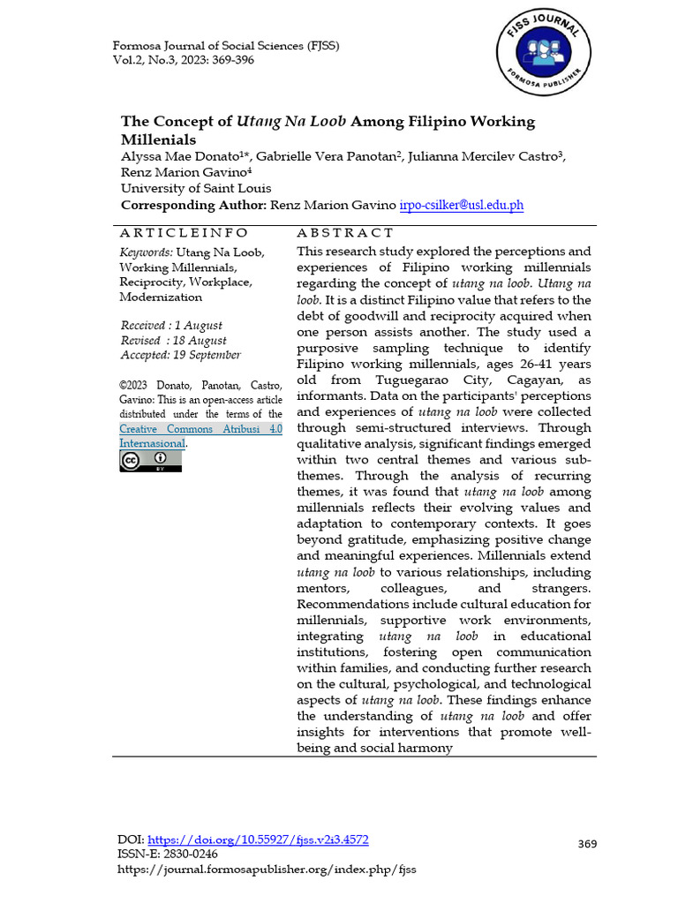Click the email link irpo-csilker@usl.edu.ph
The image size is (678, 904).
point(462,205)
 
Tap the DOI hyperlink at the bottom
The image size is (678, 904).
point(258,840)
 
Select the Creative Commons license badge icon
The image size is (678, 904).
point(151,460)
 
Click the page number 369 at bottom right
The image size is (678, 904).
point(587,844)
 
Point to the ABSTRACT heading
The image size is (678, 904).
point(345,233)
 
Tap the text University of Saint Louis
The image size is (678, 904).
point(196,188)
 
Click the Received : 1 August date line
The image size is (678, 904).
point(171,325)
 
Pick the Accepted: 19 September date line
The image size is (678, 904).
point(180,355)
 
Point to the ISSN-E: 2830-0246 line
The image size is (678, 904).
point(168,854)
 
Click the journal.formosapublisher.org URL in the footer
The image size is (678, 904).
point(267,870)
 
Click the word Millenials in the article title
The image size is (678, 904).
point(158,139)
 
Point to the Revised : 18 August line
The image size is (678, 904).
point(173,340)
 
